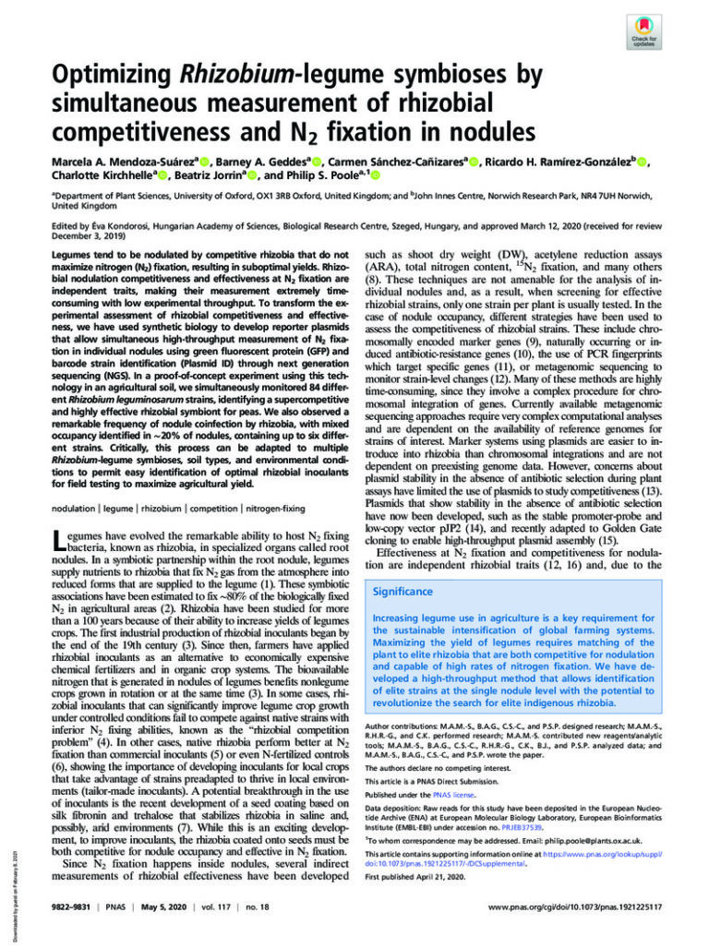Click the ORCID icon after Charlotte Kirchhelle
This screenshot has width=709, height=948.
click(164, 176)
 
